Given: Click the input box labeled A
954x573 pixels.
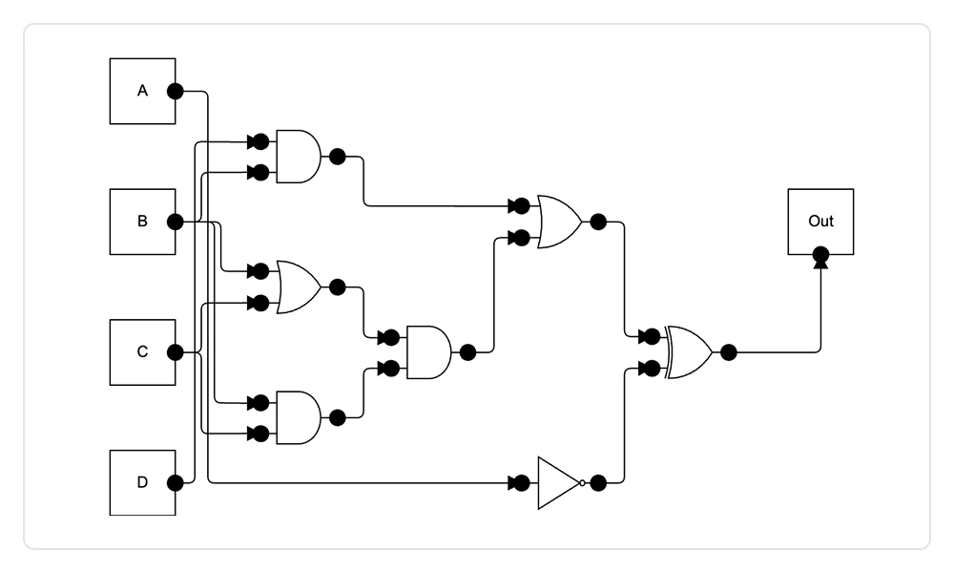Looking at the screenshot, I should pos(142,92).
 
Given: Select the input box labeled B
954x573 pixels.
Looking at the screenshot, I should pos(142,222).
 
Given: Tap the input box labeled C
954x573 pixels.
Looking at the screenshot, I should pos(142,352).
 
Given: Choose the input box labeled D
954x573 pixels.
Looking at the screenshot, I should pos(142,482).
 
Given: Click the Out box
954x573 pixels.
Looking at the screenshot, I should pos(819,222).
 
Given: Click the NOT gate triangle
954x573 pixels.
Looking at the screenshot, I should pos(558,482).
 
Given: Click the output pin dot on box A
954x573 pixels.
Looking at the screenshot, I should pos(176,92).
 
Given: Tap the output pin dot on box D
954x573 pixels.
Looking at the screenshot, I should pos(176,482).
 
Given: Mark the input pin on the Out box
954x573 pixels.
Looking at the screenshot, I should pos(819,255).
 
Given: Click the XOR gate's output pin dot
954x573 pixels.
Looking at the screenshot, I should pos(729,352).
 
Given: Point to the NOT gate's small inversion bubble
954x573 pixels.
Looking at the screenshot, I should pos(582,482).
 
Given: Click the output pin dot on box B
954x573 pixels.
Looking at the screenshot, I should pos(176,222).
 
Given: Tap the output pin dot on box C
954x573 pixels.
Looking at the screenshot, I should pos(176,352).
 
